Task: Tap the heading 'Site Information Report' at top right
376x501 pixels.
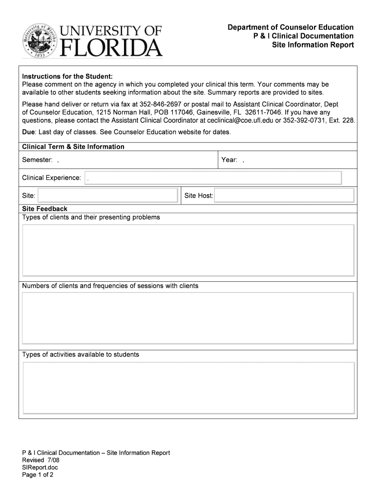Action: [x=313, y=45]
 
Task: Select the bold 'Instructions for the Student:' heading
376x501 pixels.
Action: [x=67, y=76]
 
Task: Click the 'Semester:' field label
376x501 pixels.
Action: [x=37, y=160]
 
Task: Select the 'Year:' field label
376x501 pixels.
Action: [x=229, y=160]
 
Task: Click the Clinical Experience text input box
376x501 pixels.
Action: [x=213, y=178]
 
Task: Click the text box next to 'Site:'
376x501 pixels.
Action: [x=108, y=196]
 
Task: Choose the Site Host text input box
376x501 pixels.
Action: [x=284, y=196]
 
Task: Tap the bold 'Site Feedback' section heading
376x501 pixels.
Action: [x=45, y=209]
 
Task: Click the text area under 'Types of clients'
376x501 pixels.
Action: [x=188, y=250]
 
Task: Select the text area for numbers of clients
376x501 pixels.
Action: [x=188, y=319]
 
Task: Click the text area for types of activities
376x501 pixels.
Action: [x=188, y=387]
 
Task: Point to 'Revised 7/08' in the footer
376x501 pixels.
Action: [x=40, y=460]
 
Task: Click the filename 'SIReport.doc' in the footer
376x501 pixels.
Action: [x=40, y=467]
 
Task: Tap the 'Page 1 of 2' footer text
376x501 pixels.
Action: [x=38, y=475]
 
